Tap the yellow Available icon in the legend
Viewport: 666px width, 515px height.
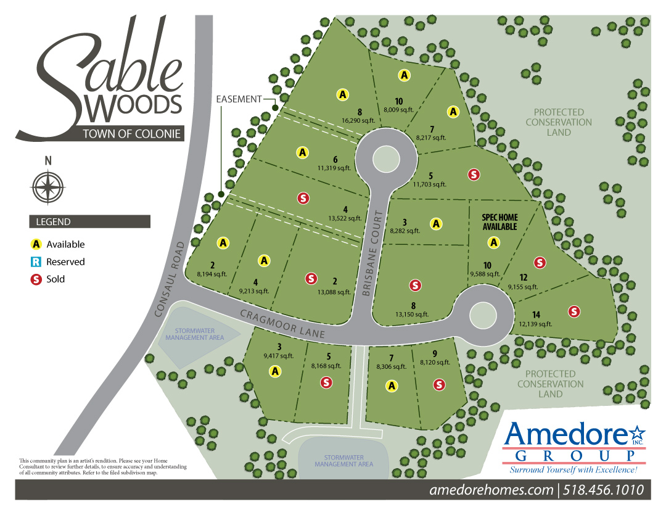point(36,244)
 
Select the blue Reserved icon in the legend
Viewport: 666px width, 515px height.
point(36,262)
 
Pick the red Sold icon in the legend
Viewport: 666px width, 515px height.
point(36,279)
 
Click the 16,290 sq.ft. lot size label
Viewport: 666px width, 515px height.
point(360,121)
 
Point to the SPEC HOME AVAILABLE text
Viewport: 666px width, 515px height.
point(499,222)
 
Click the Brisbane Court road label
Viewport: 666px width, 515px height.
point(372,254)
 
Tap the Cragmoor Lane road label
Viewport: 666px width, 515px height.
point(283,323)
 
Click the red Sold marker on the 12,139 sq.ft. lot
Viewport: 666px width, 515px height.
point(574,311)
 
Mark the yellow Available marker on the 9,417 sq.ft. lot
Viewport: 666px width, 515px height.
point(275,371)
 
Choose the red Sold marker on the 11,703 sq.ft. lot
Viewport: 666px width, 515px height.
point(474,174)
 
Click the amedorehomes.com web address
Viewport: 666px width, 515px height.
point(491,490)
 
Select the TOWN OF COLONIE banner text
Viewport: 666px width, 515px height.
point(133,134)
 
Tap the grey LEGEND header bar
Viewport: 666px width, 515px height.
point(89,221)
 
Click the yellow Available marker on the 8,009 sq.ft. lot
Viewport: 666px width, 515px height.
point(404,75)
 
